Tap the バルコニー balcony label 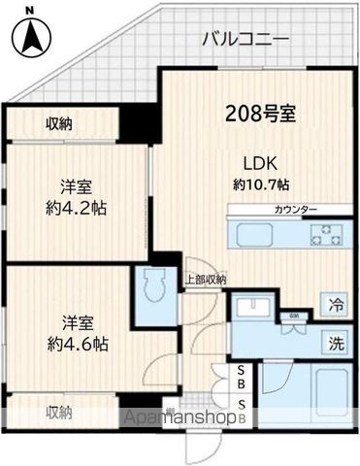click(x=245, y=40)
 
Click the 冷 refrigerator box click(x=335, y=303)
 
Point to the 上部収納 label click(x=205, y=280)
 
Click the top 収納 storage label click(x=57, y=123)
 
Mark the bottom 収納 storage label click(x=57, y=412)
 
